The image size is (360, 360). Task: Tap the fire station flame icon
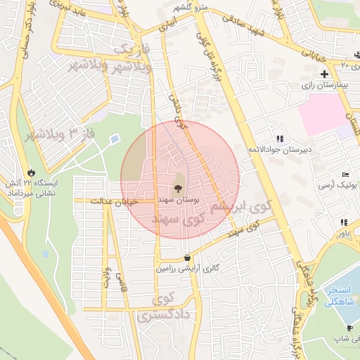point(30,172)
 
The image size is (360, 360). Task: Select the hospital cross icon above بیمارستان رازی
point(324,74)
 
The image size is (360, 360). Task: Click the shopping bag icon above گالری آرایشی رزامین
point(187,257)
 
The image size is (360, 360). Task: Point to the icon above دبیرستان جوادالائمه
point(281,139)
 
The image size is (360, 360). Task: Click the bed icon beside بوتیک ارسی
point(344,174)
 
